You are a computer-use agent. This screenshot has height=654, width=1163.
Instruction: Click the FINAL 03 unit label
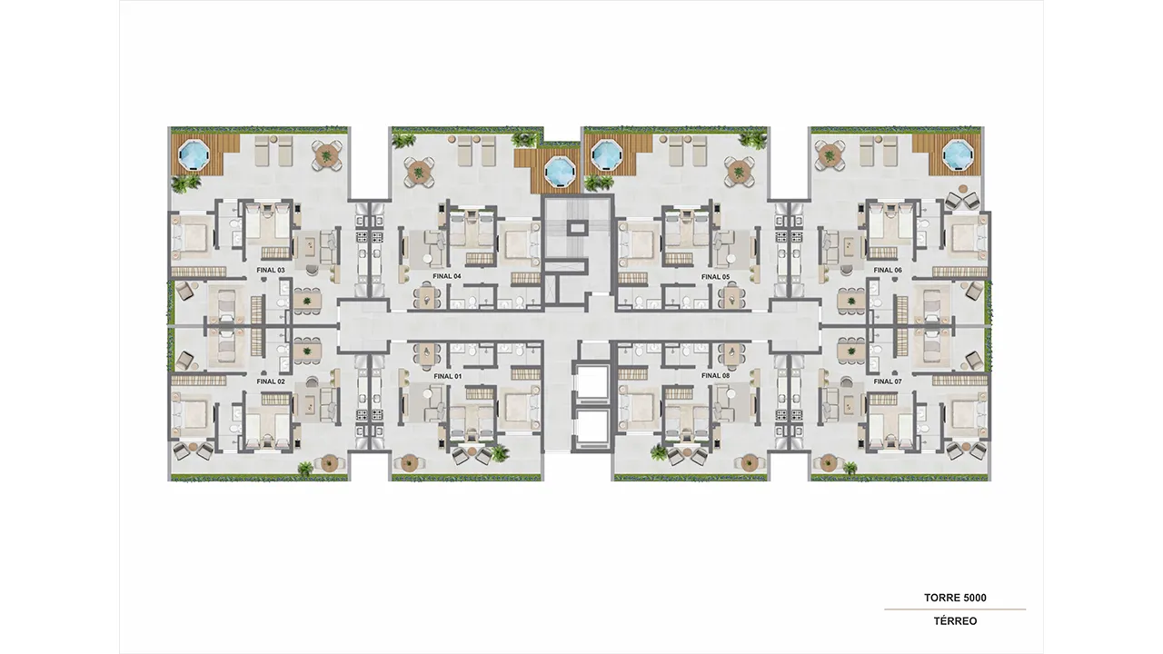coord(271,271)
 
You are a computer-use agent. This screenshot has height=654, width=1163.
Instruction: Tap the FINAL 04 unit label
coord(447,277)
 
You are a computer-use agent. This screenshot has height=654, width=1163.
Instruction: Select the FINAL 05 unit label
coord(715,277)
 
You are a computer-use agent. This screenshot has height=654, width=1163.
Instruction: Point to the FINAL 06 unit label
coord(888,271)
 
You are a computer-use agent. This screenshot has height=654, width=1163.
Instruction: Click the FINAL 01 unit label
coord(448,376)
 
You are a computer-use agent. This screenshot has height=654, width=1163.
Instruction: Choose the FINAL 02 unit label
coord(271,381)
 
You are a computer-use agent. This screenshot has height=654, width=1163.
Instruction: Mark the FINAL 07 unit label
coord(888,381)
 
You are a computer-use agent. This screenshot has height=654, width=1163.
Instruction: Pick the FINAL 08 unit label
coord(715,375)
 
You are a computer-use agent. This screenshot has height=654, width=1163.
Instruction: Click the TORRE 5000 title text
coord(955,598)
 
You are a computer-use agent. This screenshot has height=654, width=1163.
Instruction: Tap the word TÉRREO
coord(955,620)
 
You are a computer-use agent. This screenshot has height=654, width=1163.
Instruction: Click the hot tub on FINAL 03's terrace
coord(194,154)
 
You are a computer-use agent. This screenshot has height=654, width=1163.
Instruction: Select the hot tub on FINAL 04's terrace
coord(561,170)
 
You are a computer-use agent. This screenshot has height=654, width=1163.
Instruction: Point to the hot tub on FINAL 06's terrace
coord(959,154)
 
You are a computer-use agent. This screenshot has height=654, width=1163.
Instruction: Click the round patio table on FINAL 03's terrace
coord(326,154)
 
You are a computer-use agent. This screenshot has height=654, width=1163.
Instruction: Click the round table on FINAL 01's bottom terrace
coord(409,462)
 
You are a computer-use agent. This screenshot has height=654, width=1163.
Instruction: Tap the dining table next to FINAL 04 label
coord(428,296)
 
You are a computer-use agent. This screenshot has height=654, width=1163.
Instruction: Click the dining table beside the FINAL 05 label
coord(732,296)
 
